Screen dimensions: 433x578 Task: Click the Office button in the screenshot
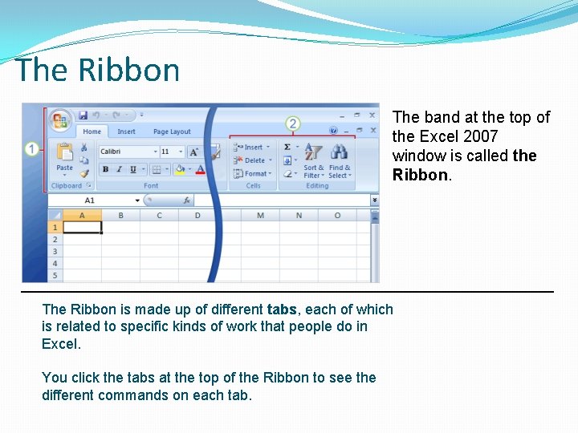(x=60, y=120)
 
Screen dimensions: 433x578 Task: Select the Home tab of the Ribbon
(x=92, y=132)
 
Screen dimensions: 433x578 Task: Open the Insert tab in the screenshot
(x=127, y=132)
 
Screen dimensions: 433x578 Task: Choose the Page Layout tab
(x=172, y=132)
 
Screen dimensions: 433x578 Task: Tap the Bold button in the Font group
(x=105, y=169)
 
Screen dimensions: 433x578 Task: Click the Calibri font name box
(x=127, y=152)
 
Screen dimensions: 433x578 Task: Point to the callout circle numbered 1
(x=32, y=148)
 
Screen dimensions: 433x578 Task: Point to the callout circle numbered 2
(x=293, y=123)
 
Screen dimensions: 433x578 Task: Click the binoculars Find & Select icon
(x=340, y=152)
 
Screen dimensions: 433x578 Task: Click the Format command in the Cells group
(x=254, y=173)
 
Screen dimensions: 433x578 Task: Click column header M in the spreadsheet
(x=260, y=215)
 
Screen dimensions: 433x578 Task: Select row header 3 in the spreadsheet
(x=55, y=251)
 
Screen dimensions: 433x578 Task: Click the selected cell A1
(x=82, y=227)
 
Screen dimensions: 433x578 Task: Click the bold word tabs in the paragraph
(x=282, y=310)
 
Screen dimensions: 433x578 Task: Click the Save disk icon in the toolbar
(x=82, y=115)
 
